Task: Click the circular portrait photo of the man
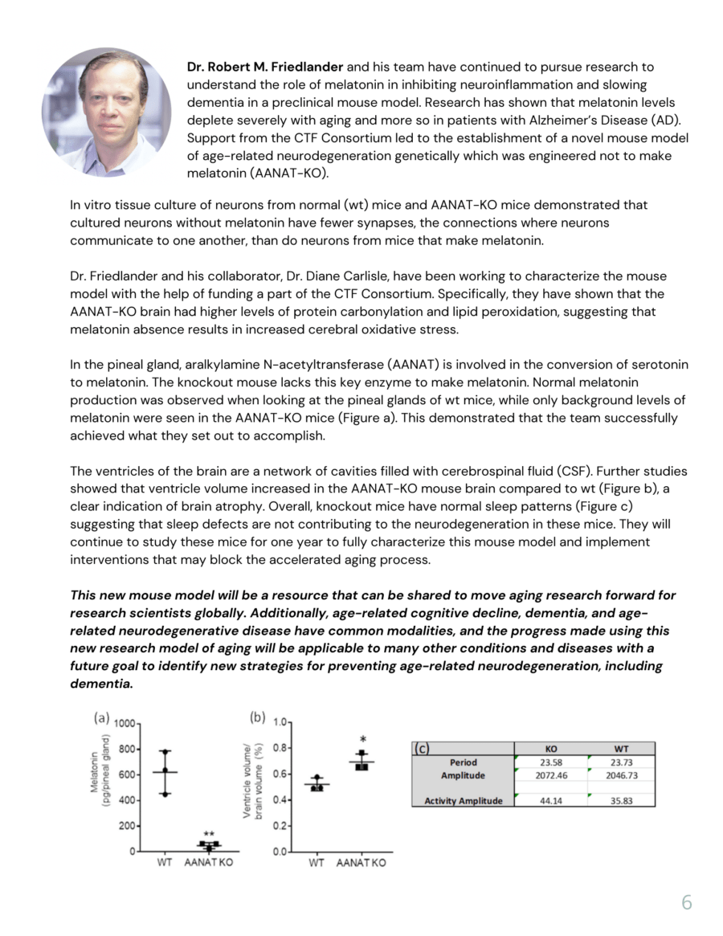107,112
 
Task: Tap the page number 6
686,902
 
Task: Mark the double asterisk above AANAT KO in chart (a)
208,835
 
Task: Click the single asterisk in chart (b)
363,740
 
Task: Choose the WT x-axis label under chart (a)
165,863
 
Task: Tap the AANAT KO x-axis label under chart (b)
361,863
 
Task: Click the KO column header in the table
551,749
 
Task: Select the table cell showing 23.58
551,762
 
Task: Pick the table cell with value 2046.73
621,775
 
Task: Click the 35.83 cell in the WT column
621,800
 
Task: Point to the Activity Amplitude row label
463,800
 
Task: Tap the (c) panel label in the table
422,749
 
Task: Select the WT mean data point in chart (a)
165,771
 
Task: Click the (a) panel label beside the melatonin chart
102,717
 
